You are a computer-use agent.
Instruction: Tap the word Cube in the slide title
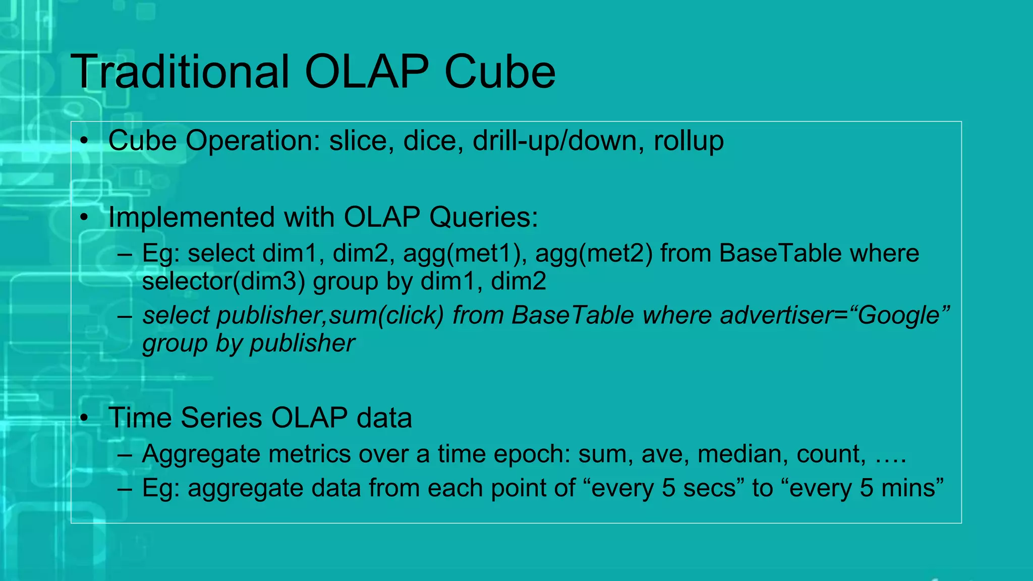500,72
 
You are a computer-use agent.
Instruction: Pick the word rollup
688,141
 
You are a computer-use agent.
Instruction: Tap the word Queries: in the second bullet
484,217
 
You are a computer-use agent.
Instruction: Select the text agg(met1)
465,253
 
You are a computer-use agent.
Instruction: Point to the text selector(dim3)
223,281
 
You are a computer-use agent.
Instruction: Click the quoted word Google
899,316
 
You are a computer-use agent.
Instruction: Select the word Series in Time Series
221,418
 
